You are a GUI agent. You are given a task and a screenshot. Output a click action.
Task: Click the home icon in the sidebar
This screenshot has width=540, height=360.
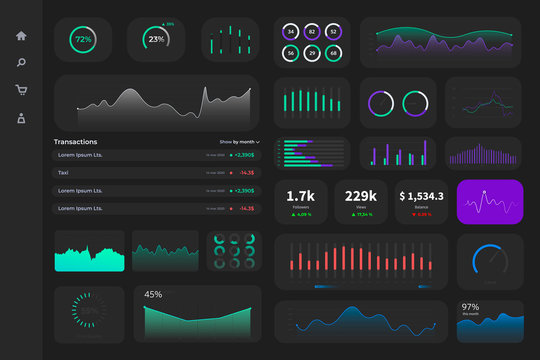pos(21,36)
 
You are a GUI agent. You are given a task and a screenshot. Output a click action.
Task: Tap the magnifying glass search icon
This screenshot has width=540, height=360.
pos(21,63)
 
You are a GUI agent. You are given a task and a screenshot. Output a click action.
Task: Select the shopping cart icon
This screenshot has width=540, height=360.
pos(21,90)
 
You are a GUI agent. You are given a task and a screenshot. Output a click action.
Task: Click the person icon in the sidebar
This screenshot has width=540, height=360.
pos(21,118)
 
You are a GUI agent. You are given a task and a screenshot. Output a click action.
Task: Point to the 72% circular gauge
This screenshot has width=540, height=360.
pos(83,41)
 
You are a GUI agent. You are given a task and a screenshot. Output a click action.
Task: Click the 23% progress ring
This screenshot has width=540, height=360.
pos(157,40)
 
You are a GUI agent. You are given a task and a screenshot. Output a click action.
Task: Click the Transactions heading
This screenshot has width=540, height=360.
pos(76,142)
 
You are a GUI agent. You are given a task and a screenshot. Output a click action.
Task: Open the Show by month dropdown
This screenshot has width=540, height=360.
pos(239,142)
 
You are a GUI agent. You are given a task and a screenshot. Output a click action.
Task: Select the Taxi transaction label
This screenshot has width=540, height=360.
pos(68,173)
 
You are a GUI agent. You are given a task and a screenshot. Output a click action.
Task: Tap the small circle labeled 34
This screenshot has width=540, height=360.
pos(290,31)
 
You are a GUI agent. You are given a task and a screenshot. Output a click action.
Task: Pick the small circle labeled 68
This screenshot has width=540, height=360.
pos(333,52)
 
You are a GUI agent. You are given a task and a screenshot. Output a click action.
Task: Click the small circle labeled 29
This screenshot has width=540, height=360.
pos(312,52)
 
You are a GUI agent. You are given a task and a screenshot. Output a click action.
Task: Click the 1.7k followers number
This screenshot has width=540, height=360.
pos(301,196)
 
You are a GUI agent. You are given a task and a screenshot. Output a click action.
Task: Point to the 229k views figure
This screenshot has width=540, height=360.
pos(360,196)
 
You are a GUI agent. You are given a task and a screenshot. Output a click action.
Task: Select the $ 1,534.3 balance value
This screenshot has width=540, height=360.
pos(421,196)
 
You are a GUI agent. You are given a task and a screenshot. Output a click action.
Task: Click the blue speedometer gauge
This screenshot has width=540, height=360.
pos(490,261)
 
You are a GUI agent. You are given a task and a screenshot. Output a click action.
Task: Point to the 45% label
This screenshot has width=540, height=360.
pos(153,295)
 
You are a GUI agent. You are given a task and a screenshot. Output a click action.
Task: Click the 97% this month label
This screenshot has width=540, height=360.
pos(470,307)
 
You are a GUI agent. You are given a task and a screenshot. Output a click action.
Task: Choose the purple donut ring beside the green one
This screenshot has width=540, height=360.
pos(381,103)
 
